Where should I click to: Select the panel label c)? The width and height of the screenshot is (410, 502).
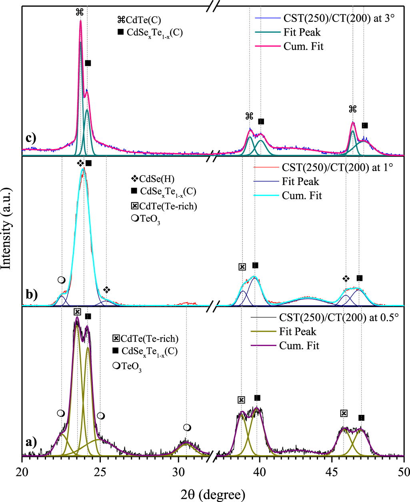point(30,138)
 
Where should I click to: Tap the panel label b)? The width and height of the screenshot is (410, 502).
point(31,294)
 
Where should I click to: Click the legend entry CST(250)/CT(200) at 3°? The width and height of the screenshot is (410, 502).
point(339,18)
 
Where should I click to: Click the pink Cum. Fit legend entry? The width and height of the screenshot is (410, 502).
point(303,46)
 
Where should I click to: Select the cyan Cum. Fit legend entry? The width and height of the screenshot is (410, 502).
point(302,195)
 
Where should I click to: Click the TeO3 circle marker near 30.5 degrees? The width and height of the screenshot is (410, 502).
point(187,428)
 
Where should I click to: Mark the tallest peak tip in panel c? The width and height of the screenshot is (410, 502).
point(80,21)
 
